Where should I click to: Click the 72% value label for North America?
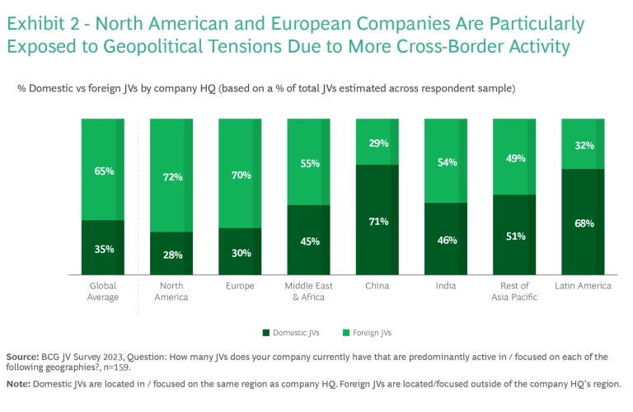pyautogui.click(x=171, y=177)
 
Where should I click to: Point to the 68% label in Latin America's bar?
pyautogui.click(x=583, y=223)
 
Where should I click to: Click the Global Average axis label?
pyautogui.click(x=103, y=291)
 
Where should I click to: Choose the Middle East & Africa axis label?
pyautogui.click(x=308, y=291)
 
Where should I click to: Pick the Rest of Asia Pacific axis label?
pyautogui.click(x=514, y=291)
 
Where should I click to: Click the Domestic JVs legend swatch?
pyautogui.click(x=266, y=333)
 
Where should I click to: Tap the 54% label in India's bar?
pyautogui.click(x=446, y=162)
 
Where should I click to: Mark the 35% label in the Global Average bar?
pyautogui.click(x=103, y=249)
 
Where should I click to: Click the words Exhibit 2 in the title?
pyautogui.click(x=40, y=23)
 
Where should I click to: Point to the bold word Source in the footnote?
pyautogui.click(x=21, y=357)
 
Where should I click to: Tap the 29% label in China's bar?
pyautogui.click(x=377, y=143)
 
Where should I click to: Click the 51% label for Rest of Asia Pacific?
pyautogui.click(x=514, y=236)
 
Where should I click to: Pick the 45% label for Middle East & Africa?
pyautogui.click(x=308, y=241)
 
